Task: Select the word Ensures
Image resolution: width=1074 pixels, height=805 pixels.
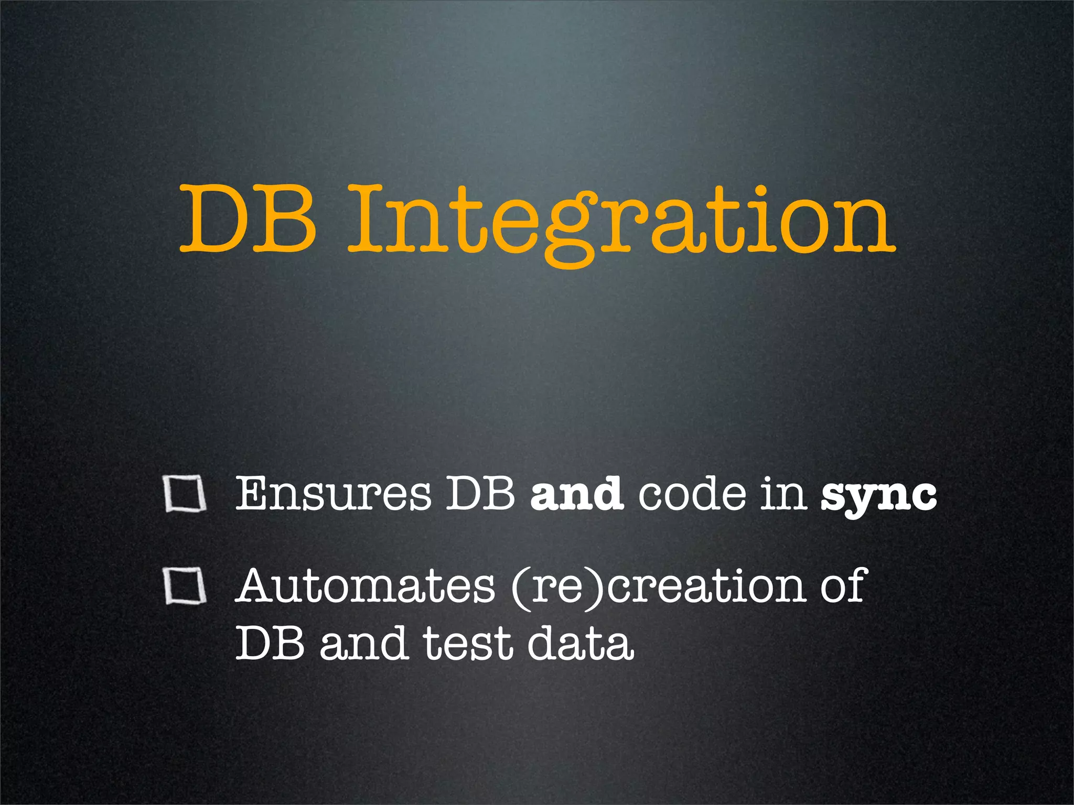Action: (x=334, y=494)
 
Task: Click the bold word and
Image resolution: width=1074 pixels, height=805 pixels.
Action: (x=576, y=494)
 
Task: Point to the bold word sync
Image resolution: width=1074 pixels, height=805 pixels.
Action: (x=878, y=496)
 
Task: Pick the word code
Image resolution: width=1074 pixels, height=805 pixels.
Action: (x=692, y=494)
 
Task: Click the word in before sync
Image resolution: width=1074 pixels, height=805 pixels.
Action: (x=783, y=494)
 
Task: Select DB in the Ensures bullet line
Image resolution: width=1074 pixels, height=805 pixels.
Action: (x=480, y=494)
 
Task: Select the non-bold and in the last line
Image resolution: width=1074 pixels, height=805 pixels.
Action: (x=363, y=644)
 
